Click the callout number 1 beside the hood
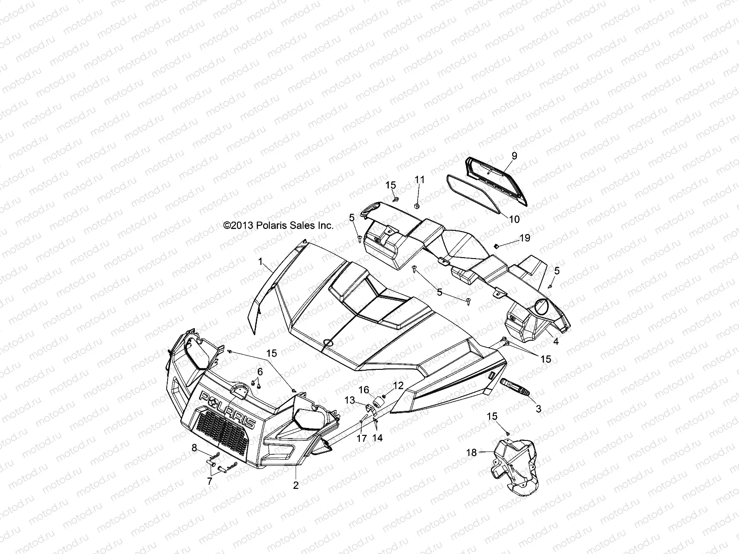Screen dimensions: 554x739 (x=261, y=262)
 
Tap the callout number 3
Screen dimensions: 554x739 (x=539, y=409)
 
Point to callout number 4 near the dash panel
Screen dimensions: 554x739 (x=556, y=342)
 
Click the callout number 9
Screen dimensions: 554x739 (x=514, y=156)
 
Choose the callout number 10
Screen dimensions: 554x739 (x=515, y=219)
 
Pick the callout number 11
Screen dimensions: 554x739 (x=419, y=180)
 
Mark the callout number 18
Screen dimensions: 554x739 (x=472, y=453)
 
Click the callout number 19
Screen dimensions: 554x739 (x=525, y=238)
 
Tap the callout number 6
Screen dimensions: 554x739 (x=260, y=371)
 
